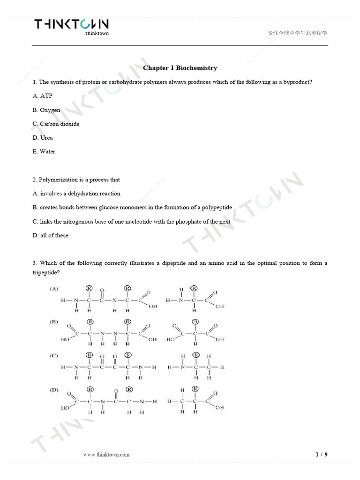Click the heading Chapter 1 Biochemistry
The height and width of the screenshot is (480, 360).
click(180, 68)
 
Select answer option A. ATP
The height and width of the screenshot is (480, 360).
click(43, 96)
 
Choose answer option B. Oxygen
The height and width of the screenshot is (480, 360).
click(46, 110)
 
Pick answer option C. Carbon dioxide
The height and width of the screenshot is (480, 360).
click(56, 124)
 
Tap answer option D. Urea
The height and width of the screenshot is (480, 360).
click(43, 137)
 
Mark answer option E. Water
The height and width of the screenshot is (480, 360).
click(44, 151)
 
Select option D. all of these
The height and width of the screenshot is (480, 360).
click(50, 235)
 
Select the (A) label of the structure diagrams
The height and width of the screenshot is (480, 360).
click(54, 289)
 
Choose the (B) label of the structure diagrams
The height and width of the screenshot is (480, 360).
click(54, 322)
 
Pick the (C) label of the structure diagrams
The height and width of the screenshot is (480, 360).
click(54, 356)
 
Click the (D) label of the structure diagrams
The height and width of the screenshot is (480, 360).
click(54, 390)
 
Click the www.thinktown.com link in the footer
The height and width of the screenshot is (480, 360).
click(106, 454)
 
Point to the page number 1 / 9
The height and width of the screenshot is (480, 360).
click(322, 454)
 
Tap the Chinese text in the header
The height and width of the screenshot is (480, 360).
click(297, 33)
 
